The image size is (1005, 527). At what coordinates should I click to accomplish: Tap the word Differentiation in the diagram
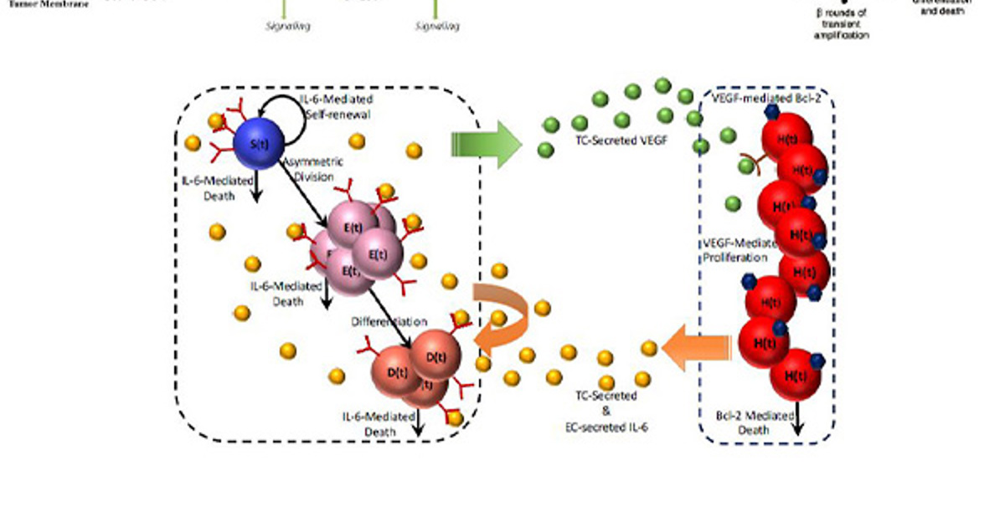[x=389, y=321]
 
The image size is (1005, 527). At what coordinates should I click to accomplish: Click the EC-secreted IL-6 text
[x=606, y=427]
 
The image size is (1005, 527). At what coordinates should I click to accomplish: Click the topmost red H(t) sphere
[x=786, y=139]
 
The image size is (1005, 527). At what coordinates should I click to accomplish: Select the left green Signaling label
[x=287, y=26]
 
